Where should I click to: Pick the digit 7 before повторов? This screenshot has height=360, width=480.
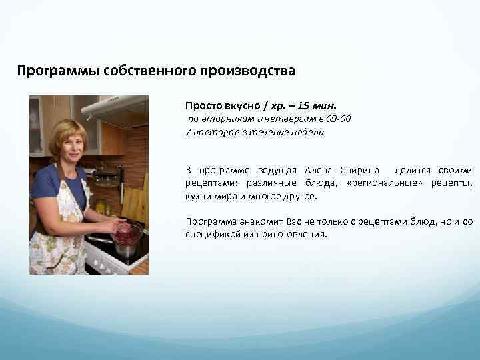click(x=188, y=131)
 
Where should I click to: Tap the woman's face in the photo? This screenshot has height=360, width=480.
click(x=66, y=143)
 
